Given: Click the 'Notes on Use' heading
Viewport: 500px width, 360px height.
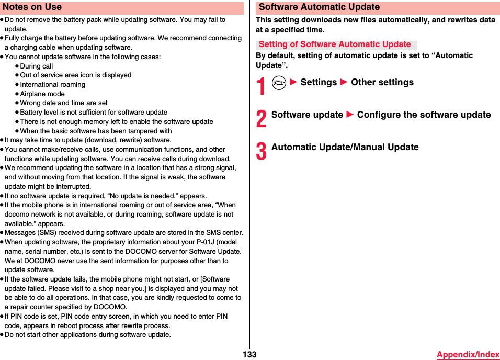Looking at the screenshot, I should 32,7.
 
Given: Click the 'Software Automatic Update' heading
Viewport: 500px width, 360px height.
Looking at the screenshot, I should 319,7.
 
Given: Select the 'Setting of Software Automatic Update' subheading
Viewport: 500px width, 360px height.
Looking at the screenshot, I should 335,44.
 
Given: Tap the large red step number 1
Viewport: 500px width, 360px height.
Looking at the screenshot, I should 261,86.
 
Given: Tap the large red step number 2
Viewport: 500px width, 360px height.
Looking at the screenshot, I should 261,119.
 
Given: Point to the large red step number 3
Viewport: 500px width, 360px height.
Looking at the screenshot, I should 261,151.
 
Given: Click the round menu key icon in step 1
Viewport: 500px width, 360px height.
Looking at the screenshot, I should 279,83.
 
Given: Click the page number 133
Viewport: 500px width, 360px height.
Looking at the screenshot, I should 249,354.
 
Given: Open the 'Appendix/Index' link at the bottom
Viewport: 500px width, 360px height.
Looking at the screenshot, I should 468,354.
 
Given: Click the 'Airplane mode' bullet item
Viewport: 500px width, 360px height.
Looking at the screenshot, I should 42,94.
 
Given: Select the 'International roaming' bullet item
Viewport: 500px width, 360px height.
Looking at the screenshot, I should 52,85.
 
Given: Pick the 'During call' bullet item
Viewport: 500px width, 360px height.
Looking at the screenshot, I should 37,66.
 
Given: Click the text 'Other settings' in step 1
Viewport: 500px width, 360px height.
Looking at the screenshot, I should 382,83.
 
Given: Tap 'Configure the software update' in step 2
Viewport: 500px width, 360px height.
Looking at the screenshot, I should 424,115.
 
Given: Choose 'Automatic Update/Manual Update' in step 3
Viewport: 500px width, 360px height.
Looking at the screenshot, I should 345,148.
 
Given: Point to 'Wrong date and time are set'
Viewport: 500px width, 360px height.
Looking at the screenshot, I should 64,103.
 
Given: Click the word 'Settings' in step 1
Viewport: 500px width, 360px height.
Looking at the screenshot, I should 319,83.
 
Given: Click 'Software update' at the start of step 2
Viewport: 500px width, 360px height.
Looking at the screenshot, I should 307,115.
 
